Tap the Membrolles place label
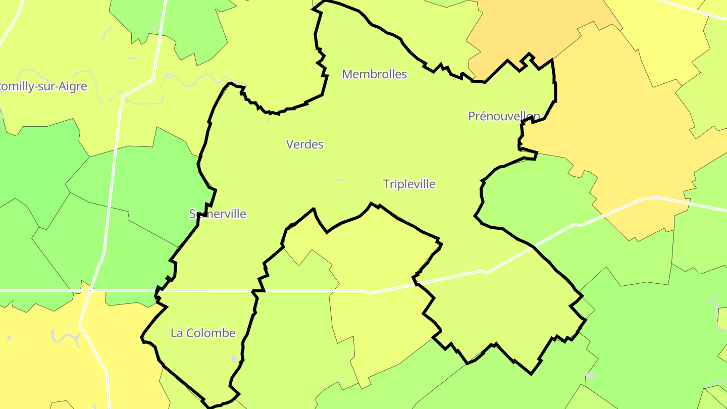coord(374,74)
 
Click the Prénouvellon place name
coord(504,116)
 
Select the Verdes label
coord(304,144)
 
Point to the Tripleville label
coord(409,184)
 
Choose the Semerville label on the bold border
coord(218,214)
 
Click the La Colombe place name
coord(203,333)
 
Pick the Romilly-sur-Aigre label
coord(42,86)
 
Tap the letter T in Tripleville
coord(386,184)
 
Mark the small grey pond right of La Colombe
coord(234,358)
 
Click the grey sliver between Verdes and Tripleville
coord(340,179)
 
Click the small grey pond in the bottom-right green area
coord(591,376)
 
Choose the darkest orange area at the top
coord(535,25)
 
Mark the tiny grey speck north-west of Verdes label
coord(268,120)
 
